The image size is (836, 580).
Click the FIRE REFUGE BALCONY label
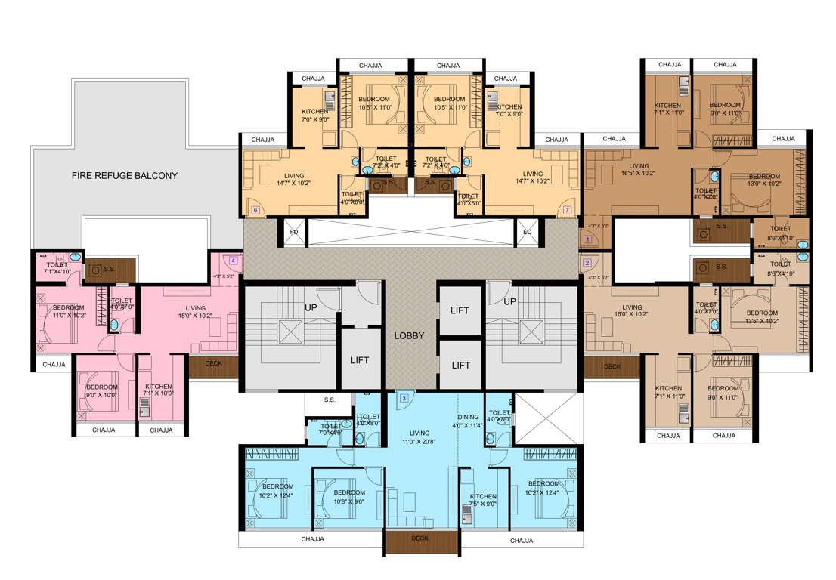[x=125, y=176]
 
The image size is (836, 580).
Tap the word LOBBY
[x=409, y=336]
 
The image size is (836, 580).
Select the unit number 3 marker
[x=404, y=398]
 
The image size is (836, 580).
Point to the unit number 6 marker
[x=255, y=210]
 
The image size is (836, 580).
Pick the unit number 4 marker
[x=234, y=261]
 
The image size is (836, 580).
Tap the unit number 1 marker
[x=587, y=239]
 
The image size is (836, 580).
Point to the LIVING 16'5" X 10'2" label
[x=639, y=170]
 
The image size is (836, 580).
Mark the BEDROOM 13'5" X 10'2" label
[x=761, y=316]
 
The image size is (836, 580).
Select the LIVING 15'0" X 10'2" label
[x=196, y=312]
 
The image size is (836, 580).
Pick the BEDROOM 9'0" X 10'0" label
[x=101, y=390]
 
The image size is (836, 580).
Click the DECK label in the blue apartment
[x=421, y=538]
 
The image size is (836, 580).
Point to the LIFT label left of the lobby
[x=361, y=360]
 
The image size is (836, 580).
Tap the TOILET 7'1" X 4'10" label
[x=57, y=268]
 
